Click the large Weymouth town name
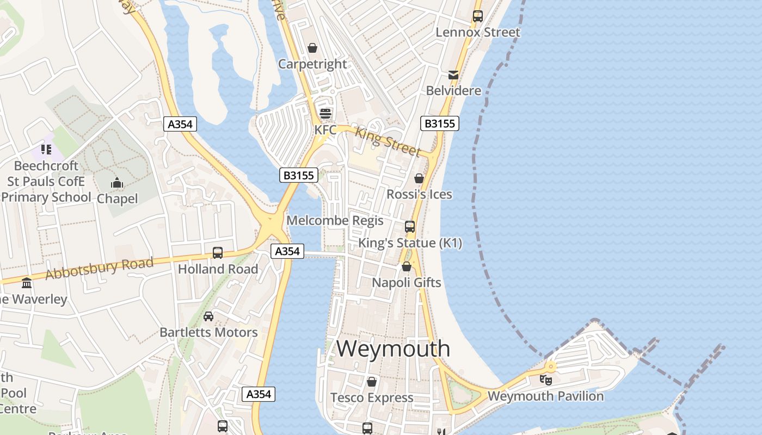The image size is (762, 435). point(393,349)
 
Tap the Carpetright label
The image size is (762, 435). point(312,64)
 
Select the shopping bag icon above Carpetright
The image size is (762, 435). point(312,48)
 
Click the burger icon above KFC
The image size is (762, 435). point(325,113)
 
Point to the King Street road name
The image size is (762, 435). point(388,140)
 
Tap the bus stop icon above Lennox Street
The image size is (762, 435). point(477,16)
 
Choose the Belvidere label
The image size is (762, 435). point(453,90)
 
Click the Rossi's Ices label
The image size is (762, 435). point(419,194)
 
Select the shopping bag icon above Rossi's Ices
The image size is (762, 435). point(419,178)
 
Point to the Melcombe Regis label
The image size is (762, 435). point(335,221)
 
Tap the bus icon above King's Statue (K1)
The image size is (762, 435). point(409,227)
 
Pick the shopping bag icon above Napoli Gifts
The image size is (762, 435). point(406,266)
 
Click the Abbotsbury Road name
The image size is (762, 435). point(99,269)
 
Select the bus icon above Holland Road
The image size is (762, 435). point(218,253)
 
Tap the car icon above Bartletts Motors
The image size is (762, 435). point(208,316)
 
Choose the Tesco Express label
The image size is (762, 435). point(372,397)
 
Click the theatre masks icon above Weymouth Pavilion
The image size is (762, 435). point(545,380)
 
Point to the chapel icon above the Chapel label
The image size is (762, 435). point(117,183)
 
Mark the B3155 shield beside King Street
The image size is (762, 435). point(440,124)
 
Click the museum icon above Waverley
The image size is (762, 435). point(26,283)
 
